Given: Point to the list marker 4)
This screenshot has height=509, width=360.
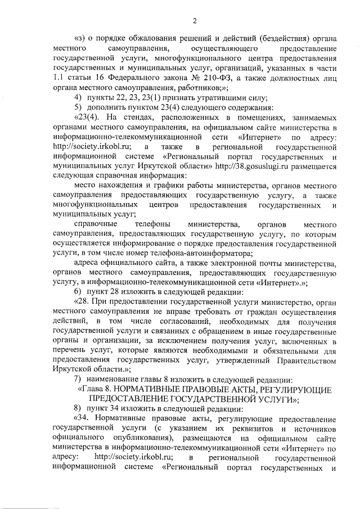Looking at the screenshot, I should (79, 97).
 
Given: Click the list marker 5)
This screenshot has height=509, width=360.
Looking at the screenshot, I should (79, 107).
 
